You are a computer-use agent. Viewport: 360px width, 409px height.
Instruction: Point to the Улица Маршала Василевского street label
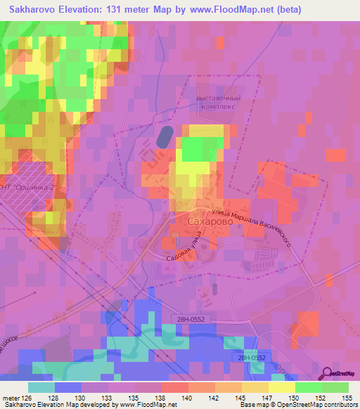[x=259, y=225]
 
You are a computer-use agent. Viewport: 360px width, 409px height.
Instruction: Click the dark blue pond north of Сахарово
[x=163, y=136]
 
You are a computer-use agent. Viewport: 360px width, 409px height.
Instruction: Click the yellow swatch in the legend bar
[x=282, y=387]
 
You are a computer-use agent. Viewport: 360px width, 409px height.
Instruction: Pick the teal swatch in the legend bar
[x=41, y=387]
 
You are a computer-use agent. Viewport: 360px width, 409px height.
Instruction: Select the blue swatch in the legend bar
[x=68, y=387]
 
